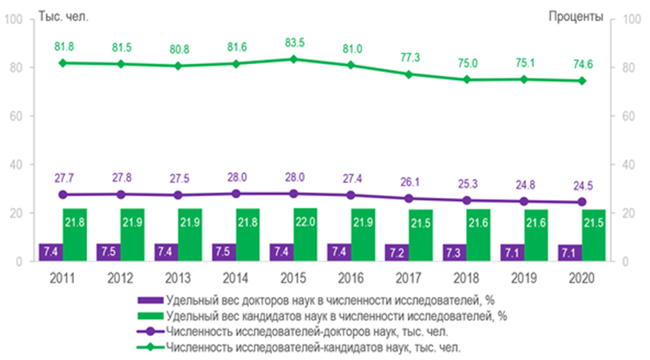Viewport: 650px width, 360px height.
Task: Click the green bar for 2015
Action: click(x=306, y=235)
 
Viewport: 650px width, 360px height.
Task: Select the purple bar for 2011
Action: click(x=50, y=252)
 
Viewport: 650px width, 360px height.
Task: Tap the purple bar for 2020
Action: click(x=569, y=253)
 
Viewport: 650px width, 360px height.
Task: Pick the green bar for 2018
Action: click(x=478, y=235)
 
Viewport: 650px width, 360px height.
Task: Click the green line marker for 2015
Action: click(x=294, y=59)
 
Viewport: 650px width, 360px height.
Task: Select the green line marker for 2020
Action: click(x=582, y=80)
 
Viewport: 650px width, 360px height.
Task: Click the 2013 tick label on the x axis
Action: click(x=178, y=278)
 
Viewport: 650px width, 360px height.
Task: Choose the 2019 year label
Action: click(x=525, y=278)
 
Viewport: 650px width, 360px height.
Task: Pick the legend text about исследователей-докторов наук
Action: click(x=306, y=331)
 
